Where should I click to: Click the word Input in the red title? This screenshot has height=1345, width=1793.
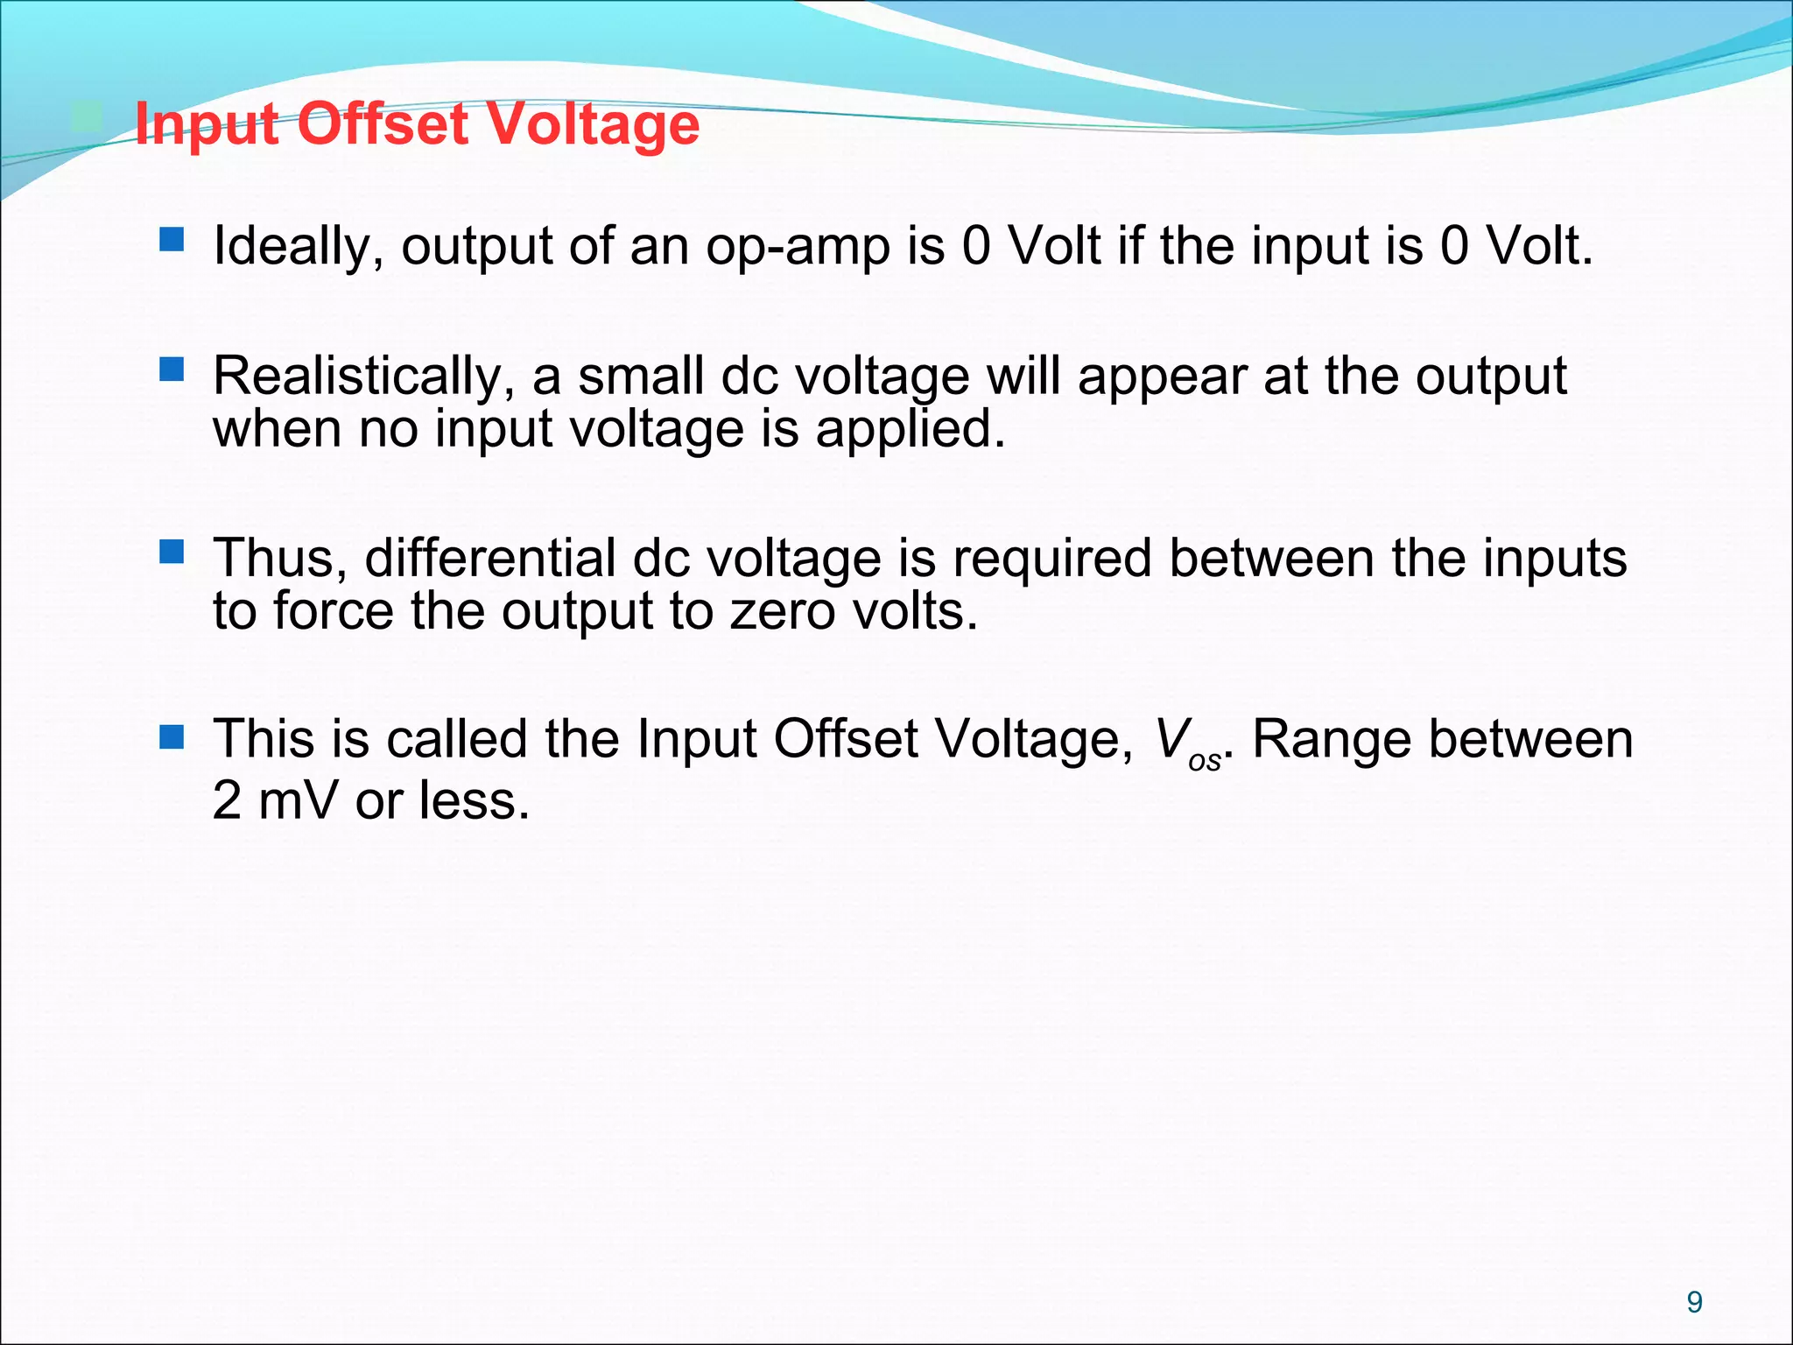pos(207,125)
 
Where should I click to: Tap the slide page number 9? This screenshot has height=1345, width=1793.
pos(1694,1302)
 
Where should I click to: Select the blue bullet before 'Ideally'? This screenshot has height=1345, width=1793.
pos(172,239)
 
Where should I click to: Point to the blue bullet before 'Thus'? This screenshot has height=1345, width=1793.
pos(172,551)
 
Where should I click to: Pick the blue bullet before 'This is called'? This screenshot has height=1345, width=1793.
pos(172,737)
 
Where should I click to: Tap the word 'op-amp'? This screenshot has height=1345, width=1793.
pos(798,248)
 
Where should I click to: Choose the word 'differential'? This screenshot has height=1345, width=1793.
pos(490,558)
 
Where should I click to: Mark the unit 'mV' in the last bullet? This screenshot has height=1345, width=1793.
pos(298,800)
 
